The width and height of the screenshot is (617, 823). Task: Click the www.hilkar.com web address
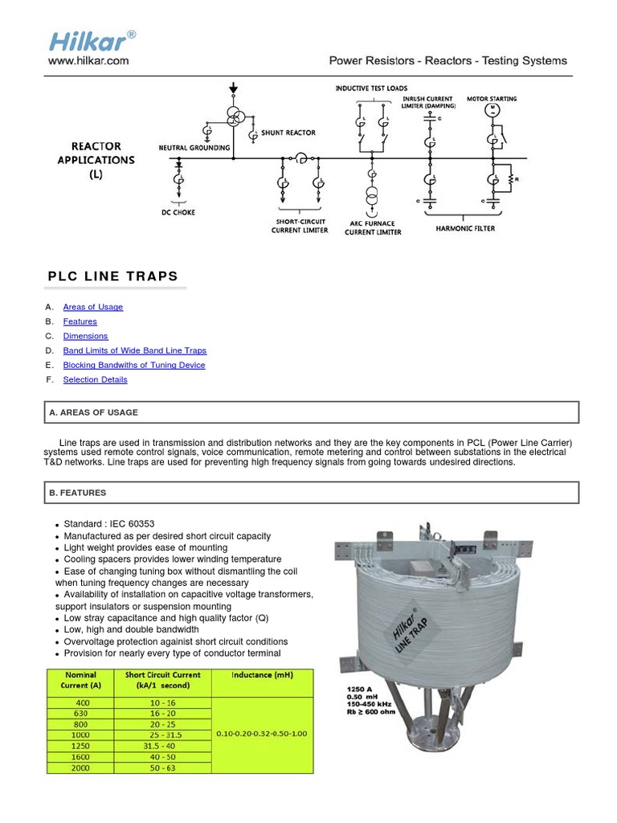(88, 60)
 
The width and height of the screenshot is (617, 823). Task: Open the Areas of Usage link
(93, 307)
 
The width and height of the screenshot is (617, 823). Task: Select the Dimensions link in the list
(85, 336)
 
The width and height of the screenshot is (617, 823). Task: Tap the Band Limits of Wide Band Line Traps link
(135, 350)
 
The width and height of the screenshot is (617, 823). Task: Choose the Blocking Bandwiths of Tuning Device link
(134, 365)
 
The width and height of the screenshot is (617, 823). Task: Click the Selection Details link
(95, 379)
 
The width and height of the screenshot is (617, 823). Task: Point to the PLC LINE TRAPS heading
(113, 276)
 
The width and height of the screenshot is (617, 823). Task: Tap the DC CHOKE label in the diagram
(178, 212)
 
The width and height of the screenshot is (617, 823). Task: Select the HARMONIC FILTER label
(465, 228)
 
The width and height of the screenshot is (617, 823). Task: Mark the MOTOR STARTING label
(492, 99)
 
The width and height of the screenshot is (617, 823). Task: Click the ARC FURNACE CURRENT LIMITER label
(372, 227)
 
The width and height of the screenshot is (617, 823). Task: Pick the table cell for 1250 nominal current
(80, 746)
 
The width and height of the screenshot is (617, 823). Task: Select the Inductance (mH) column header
(262, 675)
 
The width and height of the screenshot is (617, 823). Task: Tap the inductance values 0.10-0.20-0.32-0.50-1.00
(262, 734)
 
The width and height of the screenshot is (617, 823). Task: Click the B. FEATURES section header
(78, 493)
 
